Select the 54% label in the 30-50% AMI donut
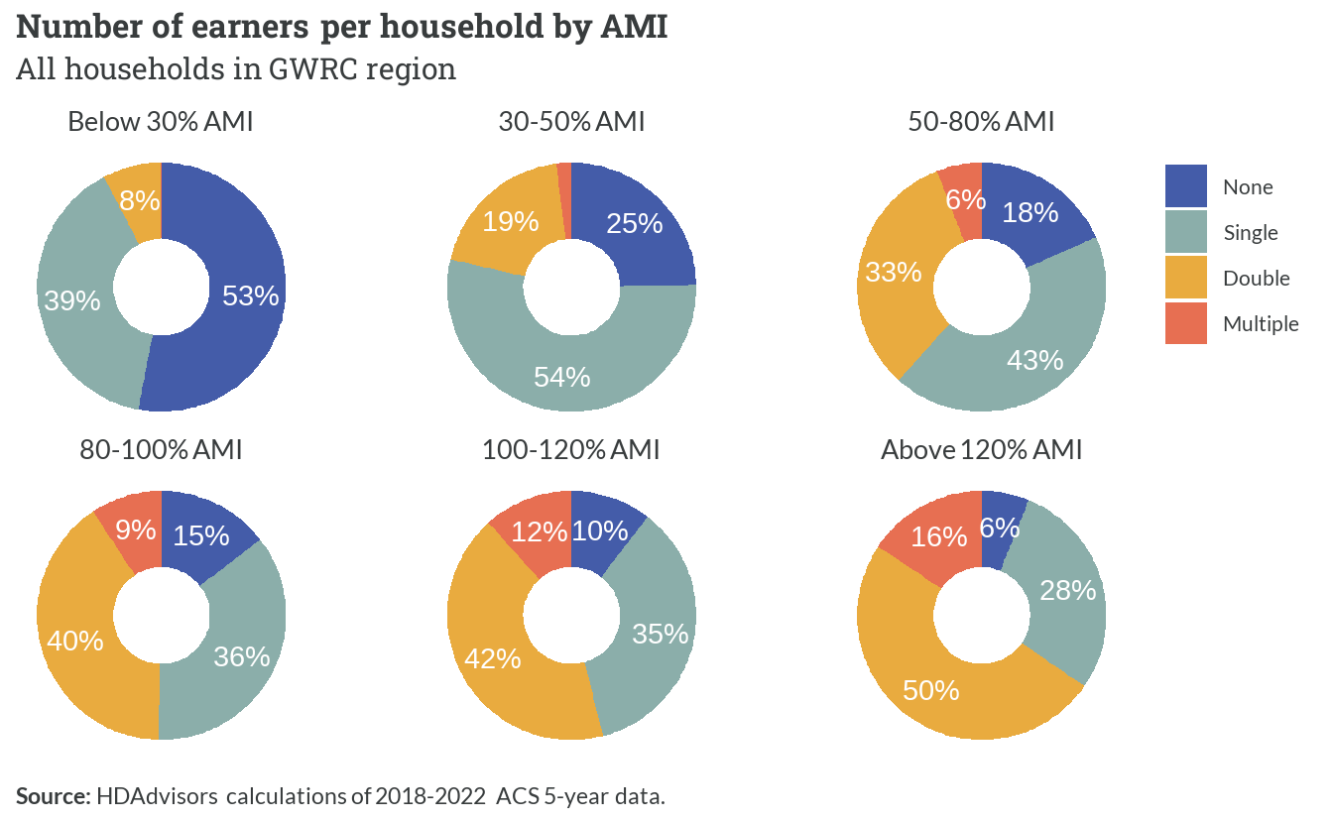click(x=561, y=377)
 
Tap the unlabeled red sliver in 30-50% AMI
click(x=564, y=200)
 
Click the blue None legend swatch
click(x=1186, y=186)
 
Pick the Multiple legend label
click(x=1261, y=323)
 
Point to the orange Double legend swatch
click(x=1186, y=278)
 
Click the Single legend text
click(x=1251, y=233)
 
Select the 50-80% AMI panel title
click(x=981, y=121)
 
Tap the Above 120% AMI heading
click(x=981, y=450)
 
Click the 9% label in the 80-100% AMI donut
click(x=136, y=529)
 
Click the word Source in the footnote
click(x=53, y=796)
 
